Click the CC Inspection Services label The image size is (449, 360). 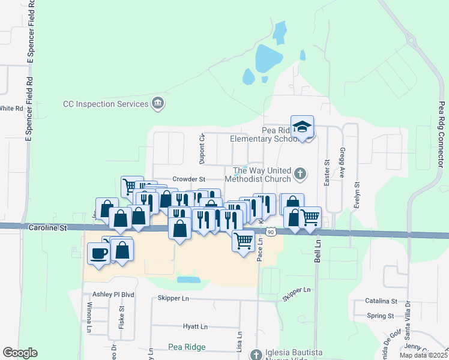click(106, 104)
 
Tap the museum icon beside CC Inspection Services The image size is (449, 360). click(158, 104)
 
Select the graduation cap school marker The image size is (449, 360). click(303, 127)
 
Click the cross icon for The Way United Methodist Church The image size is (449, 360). click(300, 175)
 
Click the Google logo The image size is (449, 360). click(20, 353)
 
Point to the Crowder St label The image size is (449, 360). click(188, 179)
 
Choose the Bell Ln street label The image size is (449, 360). click(319, 248)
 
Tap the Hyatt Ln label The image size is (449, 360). click(195, 326)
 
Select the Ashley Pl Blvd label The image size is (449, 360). click(113, 295)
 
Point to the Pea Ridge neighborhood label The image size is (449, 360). click(187, 347)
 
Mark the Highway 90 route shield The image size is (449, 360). click(271, 232)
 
